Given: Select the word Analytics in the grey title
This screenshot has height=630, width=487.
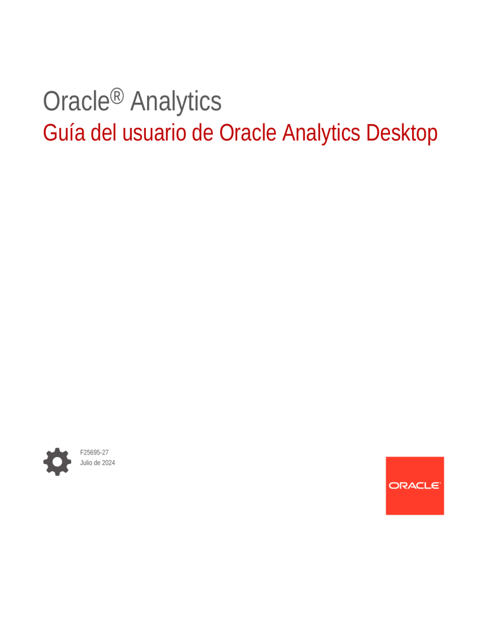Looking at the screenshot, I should tap(176, 102).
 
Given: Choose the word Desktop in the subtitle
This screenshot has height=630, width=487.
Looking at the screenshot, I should tap(401, 134).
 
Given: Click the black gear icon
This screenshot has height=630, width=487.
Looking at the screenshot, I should tap(57, 461).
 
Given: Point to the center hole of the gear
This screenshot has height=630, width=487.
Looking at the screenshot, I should tap(57, 461).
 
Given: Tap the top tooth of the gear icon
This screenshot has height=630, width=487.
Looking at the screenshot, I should tap(57, 449).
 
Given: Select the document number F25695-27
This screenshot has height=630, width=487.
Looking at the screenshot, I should tap(94, 453).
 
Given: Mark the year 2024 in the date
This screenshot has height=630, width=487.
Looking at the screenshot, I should tap(108, 463).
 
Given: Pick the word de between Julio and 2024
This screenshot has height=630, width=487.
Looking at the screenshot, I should tap(98, 463).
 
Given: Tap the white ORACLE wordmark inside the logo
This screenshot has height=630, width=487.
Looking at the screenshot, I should tap(415, 485).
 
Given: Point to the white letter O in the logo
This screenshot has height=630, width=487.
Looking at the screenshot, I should tap(393, 485).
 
